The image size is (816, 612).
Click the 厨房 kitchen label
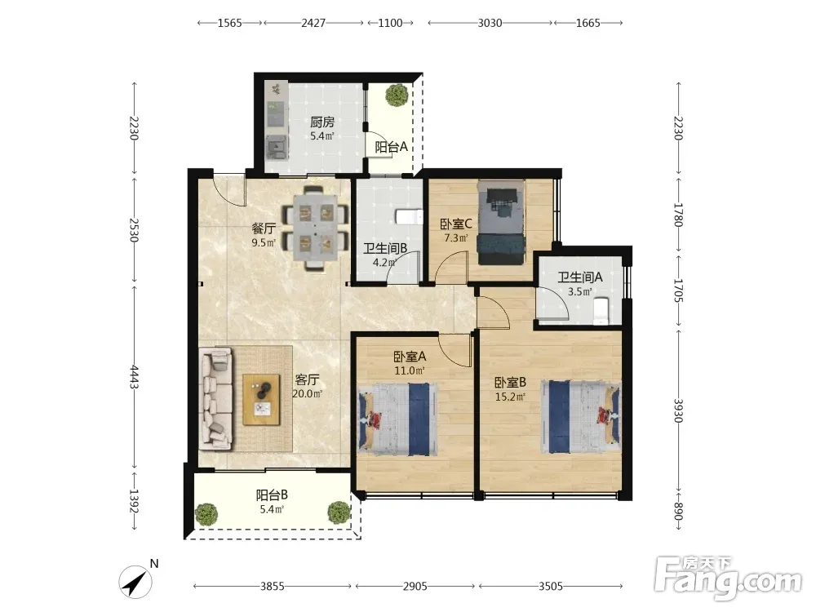coord(322,122)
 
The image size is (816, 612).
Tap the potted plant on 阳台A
coord(397,95)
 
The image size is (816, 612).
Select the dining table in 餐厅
coord(315,228)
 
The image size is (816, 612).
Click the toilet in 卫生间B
coord(409,216)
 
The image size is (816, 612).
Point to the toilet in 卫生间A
coord(601,310)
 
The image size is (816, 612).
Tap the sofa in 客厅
coord(216,399)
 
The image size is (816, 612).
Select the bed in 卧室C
coord(501,223)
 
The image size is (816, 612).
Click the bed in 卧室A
coord(397,419)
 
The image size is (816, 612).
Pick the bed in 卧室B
coord(580,417)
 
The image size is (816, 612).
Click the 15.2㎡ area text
coord(510,397)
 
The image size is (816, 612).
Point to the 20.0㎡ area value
coord(307,394)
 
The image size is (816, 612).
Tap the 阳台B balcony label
coord(272,494)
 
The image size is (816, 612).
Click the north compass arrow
coord(135,582)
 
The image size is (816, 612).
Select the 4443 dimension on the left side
coord(135,377)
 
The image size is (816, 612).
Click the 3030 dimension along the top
coord(490,23)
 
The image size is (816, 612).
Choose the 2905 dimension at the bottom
coord(415,587)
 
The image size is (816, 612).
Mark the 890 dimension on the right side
coord(677,512)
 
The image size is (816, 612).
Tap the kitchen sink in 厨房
coord(277,147)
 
